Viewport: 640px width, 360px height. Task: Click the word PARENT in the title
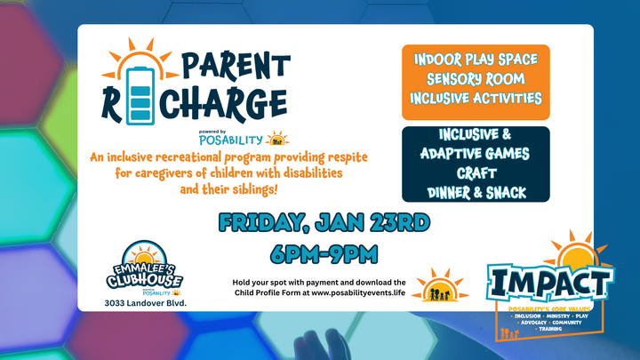[x=236, y=66]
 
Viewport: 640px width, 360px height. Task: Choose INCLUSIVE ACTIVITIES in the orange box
[x=476, y=99]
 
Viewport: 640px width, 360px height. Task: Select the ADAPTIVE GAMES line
[x=476, y=153]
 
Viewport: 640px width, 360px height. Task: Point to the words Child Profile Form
[x=271, y=293]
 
